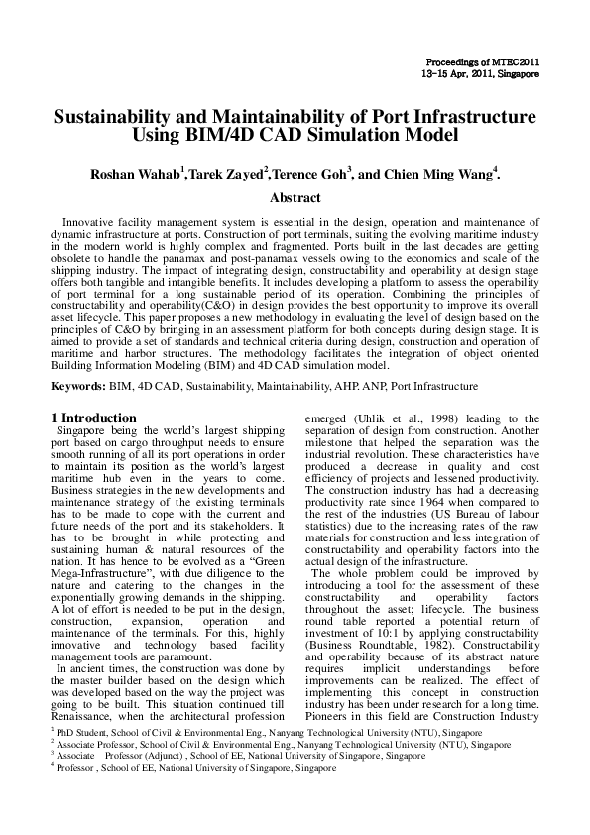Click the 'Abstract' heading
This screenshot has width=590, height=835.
tap(295, 197)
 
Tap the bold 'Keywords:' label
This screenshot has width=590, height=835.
tap(78, 386)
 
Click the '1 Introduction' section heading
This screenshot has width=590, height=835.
tap(93, 417)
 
